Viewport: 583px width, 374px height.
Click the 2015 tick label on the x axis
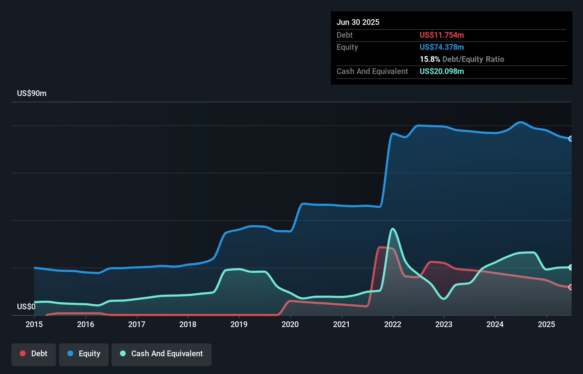tap(34, 324)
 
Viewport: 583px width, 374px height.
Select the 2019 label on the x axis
tap(239, 324)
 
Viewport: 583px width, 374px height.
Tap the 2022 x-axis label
tap(393, 324)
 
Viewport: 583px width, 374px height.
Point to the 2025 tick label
tap(546, 324)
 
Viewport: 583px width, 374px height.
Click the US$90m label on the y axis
tap(32, 93)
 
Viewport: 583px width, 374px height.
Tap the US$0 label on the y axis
tap(26, 306)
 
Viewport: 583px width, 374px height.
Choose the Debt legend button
tap(34, 354)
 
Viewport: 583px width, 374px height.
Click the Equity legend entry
tap(84, 354)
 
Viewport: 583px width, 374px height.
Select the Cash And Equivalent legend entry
tap(162, 354)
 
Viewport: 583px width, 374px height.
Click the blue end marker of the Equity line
tap(571, 139)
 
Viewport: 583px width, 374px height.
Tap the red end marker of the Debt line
tap(571, 287)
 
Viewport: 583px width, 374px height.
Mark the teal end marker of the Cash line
tap(571, 267)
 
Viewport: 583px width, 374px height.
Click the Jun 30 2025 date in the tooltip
tap(358, 22)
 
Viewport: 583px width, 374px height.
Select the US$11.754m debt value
tap(442, 35)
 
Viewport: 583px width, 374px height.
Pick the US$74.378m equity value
tap(442, 47)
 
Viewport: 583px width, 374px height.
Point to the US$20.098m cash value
tap(442, 71)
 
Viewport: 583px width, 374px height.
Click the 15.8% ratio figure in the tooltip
tap(430, 59)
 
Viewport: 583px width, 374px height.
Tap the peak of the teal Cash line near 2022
tap(392, 229)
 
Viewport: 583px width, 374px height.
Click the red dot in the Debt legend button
tap(23, 353)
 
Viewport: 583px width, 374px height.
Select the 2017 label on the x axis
tap(137, 324)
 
